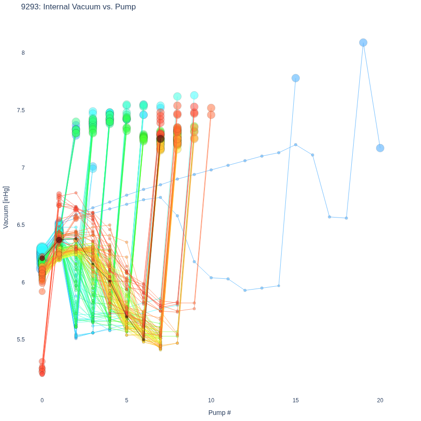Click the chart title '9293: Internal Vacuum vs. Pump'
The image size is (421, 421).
[x=79, y=7]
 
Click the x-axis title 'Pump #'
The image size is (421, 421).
[x=219, y=413]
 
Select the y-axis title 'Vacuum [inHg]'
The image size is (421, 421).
[x=6, y=207]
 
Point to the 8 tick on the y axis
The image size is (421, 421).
[x=23, y=53]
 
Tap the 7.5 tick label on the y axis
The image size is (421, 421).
[x=21, y=110]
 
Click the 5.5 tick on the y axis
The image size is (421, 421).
[x=21, y=340]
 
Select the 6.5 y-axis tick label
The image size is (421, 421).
[x=21, y=225]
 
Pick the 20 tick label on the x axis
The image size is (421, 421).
[x=380, y=400]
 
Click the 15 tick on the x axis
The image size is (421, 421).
[x=296, y=400]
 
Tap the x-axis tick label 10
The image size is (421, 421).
[x=211, y=400]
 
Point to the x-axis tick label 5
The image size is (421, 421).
[x=126, y=400]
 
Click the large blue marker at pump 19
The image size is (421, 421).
[x=363, y=43]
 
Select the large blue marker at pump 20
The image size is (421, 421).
[x=380, y=148]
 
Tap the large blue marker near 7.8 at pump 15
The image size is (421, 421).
[x=296, y=78]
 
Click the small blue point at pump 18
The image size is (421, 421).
[x=346, y=218]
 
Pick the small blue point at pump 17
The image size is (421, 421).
[x=329, y=217]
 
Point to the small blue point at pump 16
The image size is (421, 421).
[x=312, y=155]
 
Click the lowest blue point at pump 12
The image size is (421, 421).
[x=245, y=290]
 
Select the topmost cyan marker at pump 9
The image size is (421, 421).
[x=194, y=95]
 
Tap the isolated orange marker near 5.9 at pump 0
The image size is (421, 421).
[x=42, y=291]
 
